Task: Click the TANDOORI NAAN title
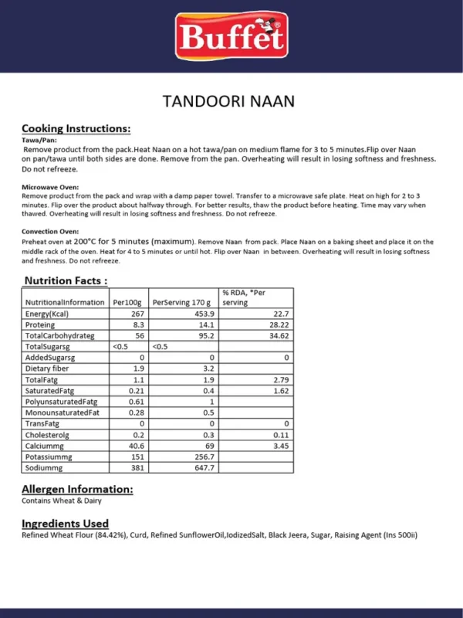229,101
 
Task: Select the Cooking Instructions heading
76,128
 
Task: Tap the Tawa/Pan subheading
38,140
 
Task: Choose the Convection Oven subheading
50,231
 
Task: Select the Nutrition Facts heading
66,280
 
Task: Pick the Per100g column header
128,302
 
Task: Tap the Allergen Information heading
77,489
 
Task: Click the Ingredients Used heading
65,523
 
